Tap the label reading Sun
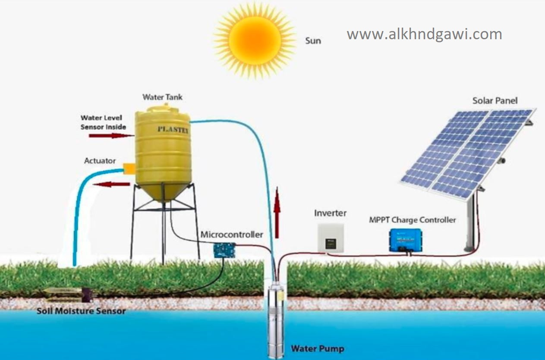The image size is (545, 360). tap(313, 41)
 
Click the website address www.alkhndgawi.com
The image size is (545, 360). tap(424, 34)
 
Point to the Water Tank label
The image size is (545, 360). tap(163, 97)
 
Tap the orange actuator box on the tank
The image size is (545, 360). tap(129, 169)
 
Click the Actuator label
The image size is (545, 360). tap(100, 161)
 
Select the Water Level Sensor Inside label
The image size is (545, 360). tap(103, 122)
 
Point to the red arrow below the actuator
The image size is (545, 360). tap(112, 184)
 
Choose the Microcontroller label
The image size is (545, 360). tap(231, 235)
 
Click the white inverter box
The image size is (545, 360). tap(330, 237)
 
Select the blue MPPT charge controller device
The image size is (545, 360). tap(405, 240)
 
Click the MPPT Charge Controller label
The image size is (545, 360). tap(412, 220)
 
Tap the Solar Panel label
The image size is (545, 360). tap(495, 101)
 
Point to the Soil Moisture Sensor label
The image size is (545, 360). tap(81, 311)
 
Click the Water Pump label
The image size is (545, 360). tap(318, 348)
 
